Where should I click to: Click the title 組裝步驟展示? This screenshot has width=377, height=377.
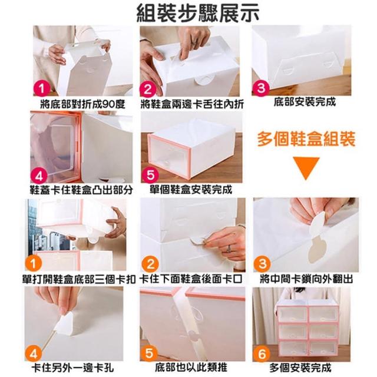(x=198, y=13)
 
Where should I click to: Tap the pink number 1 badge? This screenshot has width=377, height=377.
(x=42, y=89)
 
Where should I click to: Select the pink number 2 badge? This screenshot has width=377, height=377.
(x=148, y=89)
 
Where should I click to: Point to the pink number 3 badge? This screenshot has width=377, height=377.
(x=261, y=88)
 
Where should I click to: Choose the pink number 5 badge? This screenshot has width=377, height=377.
(x=151, y=174)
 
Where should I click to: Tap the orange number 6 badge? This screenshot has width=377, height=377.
(x=262, y=353)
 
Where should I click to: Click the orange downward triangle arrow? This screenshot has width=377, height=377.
(x=306, y=167)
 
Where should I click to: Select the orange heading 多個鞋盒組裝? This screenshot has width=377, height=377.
(x=306, y=139)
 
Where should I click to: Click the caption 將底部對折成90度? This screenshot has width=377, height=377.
(x=82, y=104)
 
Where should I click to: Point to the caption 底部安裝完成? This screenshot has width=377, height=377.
(x=305, y=102)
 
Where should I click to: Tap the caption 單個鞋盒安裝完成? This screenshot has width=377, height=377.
(x=191, y=190)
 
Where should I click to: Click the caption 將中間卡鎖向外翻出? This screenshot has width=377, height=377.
(x=306, y=279)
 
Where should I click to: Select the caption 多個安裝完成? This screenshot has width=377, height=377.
(x=300, y=368)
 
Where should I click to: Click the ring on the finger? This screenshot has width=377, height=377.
(x=229, y=249)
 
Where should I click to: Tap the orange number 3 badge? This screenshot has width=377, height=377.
(x=262, y=263)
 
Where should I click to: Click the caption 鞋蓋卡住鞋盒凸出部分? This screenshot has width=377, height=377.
(x=81, y=190)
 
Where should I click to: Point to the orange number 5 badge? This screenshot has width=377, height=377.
(x=149, y=353)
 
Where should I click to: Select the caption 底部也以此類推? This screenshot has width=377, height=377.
(x=191, y=368)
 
